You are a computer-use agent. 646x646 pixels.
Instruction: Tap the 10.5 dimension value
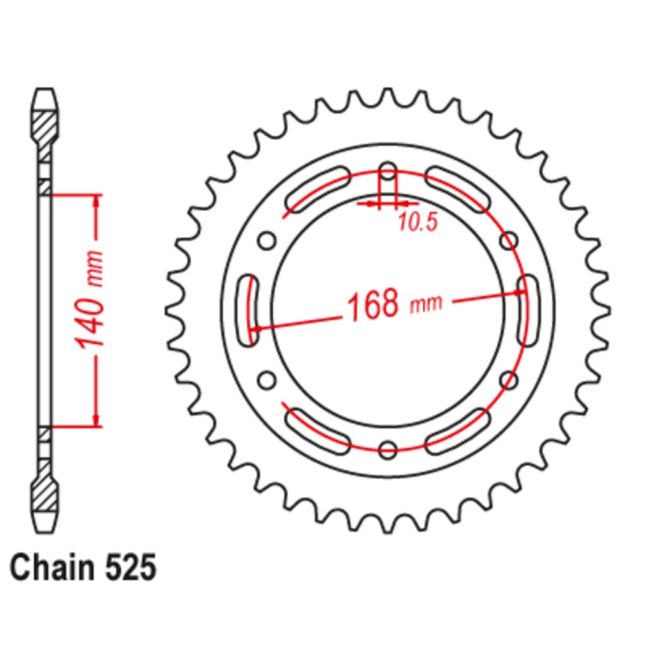coord(417,222)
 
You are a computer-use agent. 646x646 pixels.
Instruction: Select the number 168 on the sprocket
coord(373,305)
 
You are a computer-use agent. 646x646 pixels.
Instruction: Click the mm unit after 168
coord(427,303)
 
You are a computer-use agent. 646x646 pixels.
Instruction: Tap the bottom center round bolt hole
coord(388,449)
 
